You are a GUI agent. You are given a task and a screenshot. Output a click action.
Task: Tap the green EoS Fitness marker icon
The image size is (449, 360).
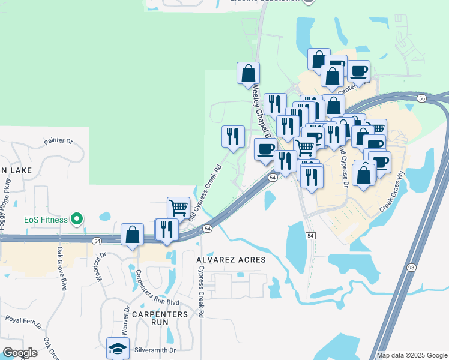point(76,220)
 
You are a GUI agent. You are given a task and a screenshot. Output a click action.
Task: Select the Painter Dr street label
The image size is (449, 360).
point(58,142)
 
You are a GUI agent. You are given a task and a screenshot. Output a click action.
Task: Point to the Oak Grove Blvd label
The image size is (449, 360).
point(61,268)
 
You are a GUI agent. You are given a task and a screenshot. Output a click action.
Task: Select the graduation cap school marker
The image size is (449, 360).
point(118,349)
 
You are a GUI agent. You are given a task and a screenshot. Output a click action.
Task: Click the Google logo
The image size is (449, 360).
point(20,353)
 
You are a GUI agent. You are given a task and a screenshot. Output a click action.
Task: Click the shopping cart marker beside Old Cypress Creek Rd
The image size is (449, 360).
point(178,208)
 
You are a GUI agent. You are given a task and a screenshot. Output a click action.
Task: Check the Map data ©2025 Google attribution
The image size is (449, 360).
point(411,355)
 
